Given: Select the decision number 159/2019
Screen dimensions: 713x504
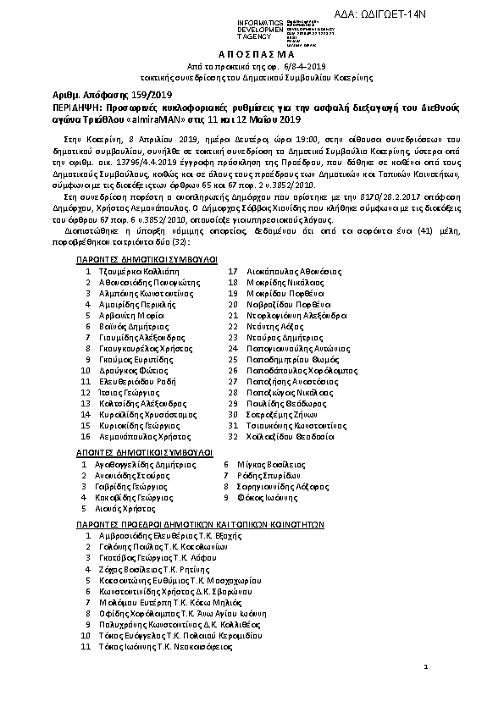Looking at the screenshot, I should point(133,97).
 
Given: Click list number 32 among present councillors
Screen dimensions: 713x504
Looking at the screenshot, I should point(233,436).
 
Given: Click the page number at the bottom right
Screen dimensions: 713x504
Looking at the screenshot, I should point(426,667).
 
